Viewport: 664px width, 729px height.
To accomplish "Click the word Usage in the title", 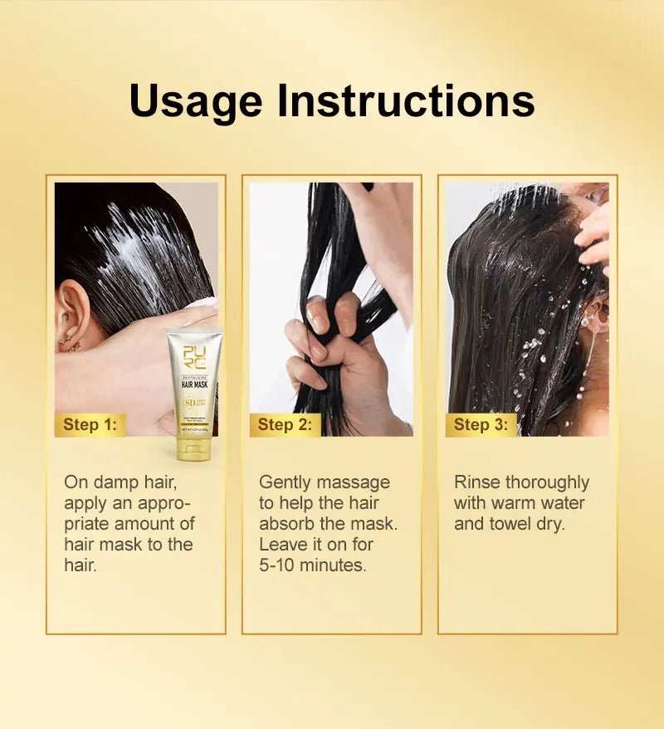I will [196, 102].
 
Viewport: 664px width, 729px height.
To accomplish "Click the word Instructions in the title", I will [406, 100].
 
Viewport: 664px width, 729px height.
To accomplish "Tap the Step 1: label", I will [90, 425].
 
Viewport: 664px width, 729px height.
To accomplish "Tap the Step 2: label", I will [285, 425].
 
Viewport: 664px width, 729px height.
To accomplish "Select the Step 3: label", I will [480, 425].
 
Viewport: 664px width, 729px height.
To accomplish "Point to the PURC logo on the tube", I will [194, 355].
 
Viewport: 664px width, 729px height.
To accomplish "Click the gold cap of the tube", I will [193, 448].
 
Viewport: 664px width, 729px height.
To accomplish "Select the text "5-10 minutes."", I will [312, 565].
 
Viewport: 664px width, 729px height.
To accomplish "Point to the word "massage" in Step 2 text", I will [354, 482].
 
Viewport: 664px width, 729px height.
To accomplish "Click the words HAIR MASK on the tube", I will [193, 384].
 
